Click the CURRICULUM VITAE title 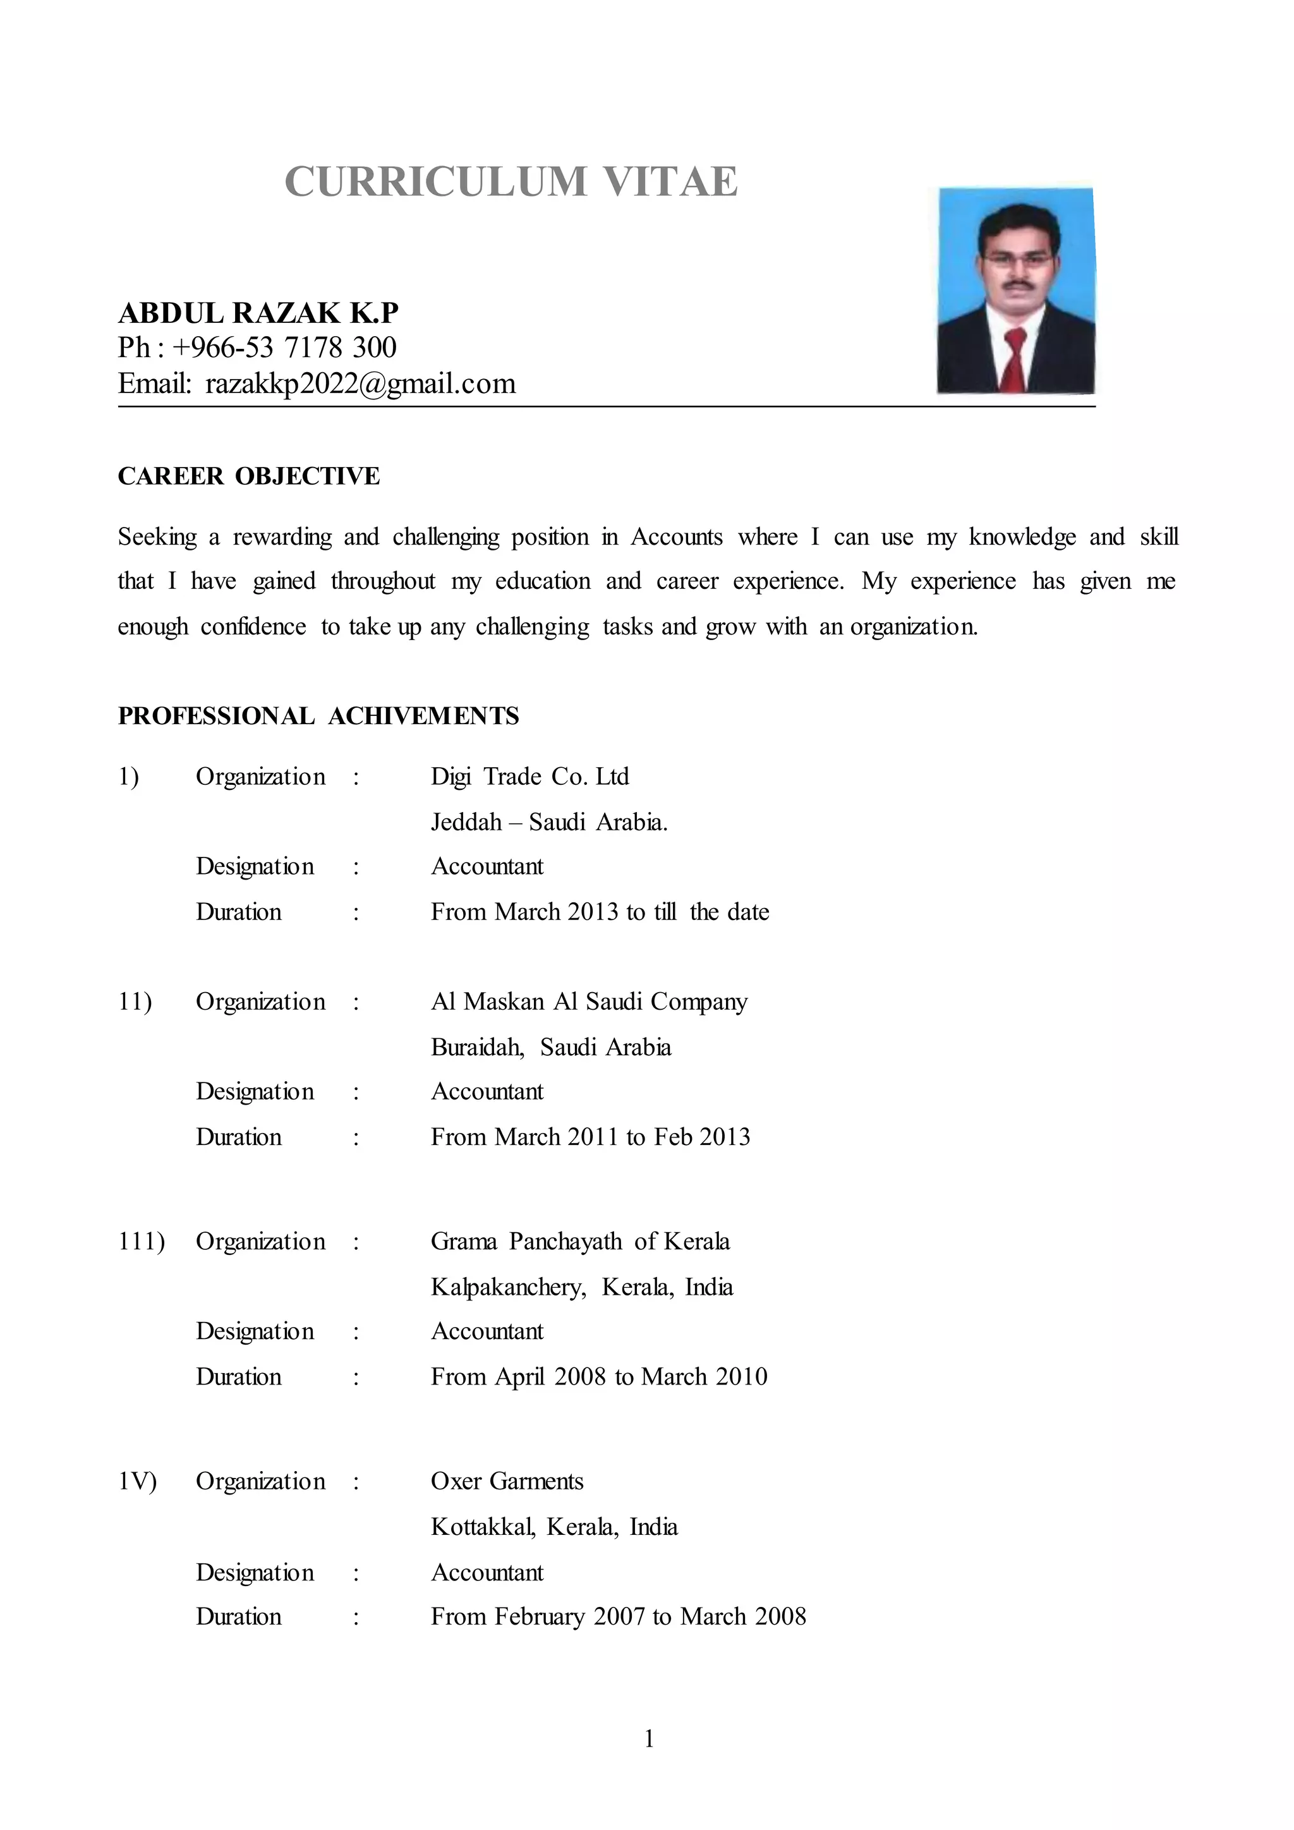[x=511, y=182]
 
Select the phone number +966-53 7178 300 [x=284, y=348]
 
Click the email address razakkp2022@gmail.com [x=360, y=384]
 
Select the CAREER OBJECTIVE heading [x=248, y=476]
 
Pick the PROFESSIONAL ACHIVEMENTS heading [x=318, y=716]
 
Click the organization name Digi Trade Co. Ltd [x=530, y=777]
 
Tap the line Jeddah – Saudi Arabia [x=549, y=821]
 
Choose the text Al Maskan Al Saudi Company [x=589, y=1001]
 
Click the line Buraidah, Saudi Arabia [x=550, y=1046]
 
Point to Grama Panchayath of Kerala [x=580, y=1241]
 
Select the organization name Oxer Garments [x=507, y=1481]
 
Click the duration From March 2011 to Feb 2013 [x=590, y=1137]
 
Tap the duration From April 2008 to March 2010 [x=599, y=1376]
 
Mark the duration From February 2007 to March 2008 [x=619, y=1616]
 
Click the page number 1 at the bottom [x=649, y=1738]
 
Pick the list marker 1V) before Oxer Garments [x=137, y=1481]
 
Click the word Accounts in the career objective [x=677, y=537]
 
